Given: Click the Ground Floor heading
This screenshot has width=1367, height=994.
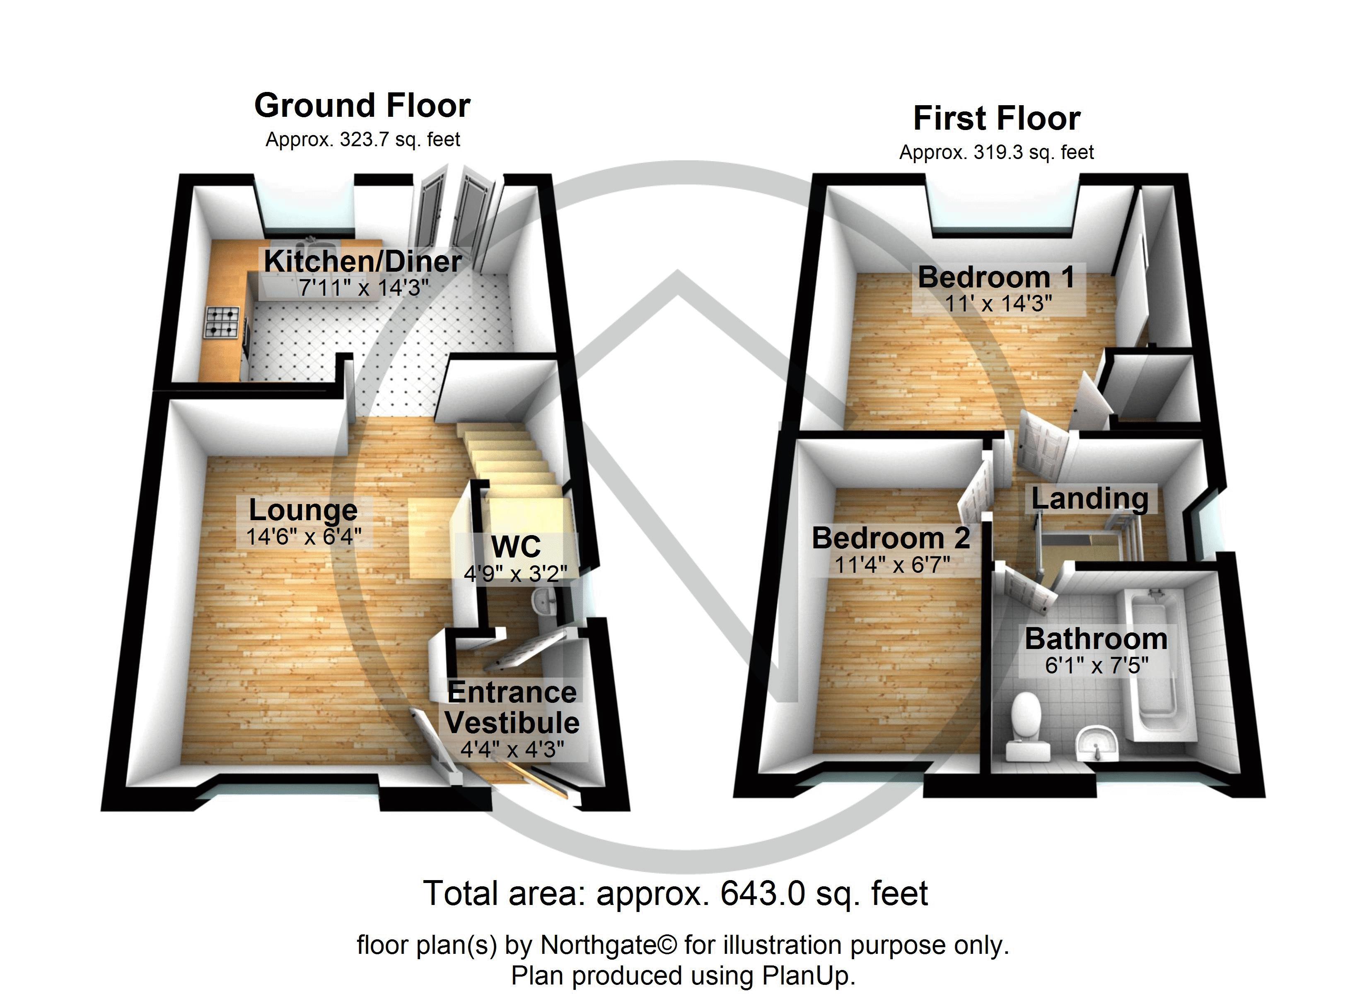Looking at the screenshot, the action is (x=362, y=106).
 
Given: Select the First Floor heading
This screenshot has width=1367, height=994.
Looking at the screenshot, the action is (x=996, y=119).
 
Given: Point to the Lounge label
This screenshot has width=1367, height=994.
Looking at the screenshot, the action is (x=303, y=511).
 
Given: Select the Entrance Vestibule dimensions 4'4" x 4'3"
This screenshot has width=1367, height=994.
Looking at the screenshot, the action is (x=512, y=749).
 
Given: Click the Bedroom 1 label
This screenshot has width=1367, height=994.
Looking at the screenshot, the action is (x=996, y=277).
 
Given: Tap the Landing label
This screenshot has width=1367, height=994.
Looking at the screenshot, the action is (x=1090, y=499).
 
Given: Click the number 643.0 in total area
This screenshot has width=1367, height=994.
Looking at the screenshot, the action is (x=762, y=893).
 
